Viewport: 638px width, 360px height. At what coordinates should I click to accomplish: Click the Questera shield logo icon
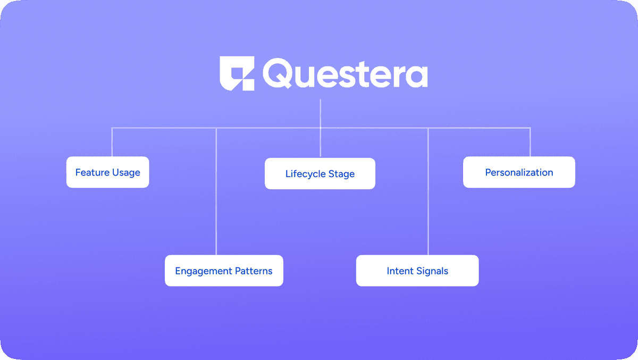[237, 73]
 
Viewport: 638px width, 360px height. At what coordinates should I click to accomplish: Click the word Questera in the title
[345, 73]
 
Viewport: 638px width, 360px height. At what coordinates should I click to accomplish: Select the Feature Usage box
[107, 172]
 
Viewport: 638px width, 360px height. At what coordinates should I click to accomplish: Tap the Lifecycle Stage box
[320, 173]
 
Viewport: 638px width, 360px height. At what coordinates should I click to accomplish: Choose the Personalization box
[519, 172]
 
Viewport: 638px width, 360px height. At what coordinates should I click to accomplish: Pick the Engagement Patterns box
[224, 271]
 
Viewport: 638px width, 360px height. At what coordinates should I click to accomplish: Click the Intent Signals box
[417, 271]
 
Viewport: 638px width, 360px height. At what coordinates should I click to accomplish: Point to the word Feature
[93, 172]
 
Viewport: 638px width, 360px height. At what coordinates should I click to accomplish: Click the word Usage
[126, 173]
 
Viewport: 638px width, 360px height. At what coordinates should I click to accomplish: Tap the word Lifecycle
[305, 174]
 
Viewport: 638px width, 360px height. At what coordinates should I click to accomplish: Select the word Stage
[341, 174]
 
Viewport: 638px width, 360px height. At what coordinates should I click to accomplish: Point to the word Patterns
[254, 271]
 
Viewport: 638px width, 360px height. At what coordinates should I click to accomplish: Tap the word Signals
[432, 271]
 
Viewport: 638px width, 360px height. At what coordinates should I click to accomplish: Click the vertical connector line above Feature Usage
[112, 142]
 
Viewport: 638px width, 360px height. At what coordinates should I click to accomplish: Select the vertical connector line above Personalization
[530, 142]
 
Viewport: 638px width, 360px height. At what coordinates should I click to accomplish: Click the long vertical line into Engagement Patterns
[216, 191]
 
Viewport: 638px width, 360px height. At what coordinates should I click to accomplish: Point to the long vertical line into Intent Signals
[428, 191]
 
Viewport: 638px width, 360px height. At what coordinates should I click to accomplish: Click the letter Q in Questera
[277, 73]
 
